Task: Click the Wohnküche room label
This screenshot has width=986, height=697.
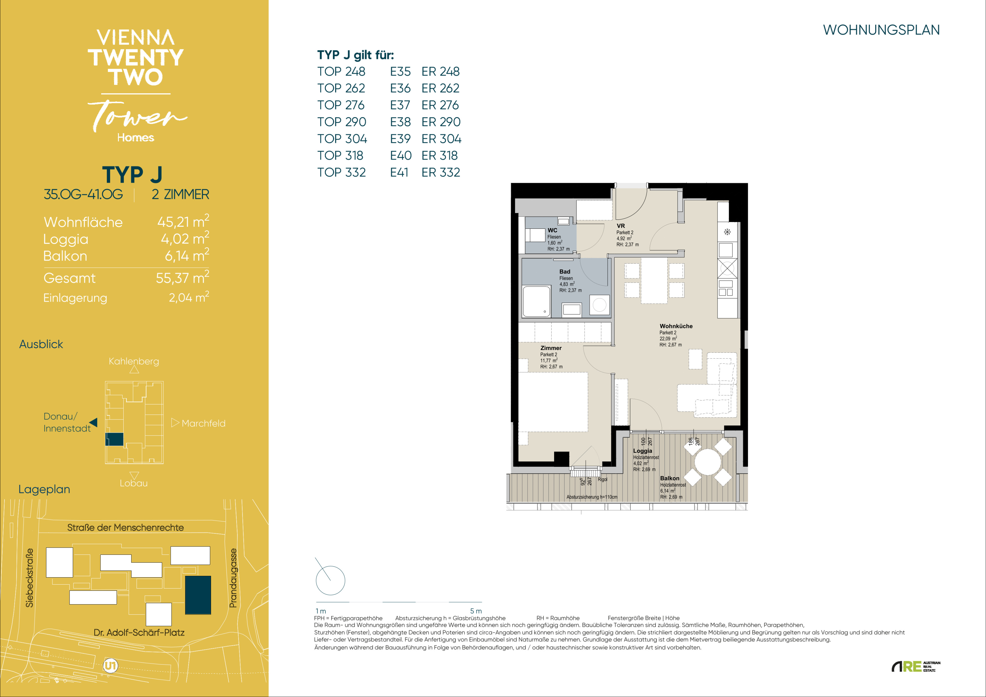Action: pos(676,326)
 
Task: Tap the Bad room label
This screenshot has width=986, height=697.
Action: pos(565,271)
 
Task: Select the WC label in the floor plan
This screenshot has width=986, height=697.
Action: pos(552,230)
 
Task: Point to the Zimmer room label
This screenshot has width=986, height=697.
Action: pos(551,348)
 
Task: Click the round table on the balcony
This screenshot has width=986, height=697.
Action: pos(708,462)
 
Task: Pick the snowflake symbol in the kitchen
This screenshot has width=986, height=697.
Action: pos(727,232)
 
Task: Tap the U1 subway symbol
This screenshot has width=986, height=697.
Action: pos(110,666)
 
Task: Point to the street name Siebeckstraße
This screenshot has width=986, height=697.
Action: pos(29,578)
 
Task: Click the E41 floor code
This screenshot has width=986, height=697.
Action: pos(399,172)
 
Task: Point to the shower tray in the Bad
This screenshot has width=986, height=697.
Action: pos(536,301)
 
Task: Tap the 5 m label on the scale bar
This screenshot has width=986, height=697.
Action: pos(476,611)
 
